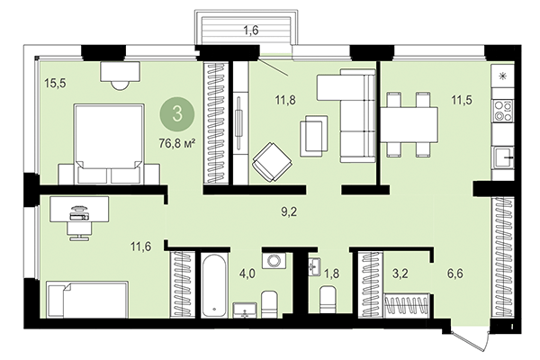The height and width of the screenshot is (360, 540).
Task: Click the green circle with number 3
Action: tap(176, 115)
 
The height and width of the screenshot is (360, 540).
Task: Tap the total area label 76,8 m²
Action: tap(176, 141)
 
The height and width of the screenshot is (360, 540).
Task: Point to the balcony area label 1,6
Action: tap(251, 31)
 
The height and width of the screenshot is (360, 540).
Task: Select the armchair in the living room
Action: tap(271, 162)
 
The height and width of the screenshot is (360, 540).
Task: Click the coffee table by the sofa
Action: tap(314, 135)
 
